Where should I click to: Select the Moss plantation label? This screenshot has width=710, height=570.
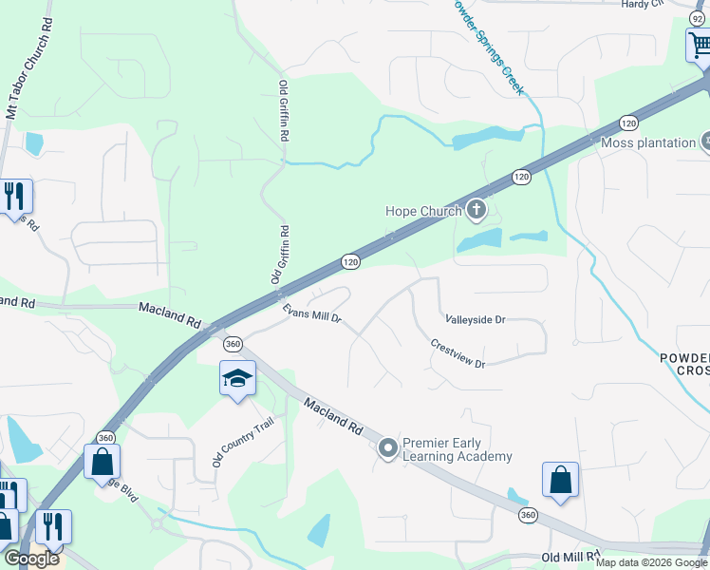[648, 142]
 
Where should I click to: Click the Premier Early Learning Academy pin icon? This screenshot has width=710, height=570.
[387, 447]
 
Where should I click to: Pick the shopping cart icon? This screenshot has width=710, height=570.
[700, 44]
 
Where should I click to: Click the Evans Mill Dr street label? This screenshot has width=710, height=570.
[310, 313]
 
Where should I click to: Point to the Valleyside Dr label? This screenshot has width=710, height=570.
[475, 320]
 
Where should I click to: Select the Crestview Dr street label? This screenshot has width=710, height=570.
[458, 353]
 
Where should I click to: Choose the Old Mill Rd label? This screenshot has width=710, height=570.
[571, 557]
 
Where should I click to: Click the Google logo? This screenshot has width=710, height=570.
[30, 559]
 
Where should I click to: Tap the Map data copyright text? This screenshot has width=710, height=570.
[651, 562]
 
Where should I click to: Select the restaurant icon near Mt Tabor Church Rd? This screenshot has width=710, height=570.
[15, 196]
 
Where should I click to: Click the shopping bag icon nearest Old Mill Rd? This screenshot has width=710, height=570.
[560, 480]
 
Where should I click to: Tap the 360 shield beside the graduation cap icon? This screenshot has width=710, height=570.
[232, 344]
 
